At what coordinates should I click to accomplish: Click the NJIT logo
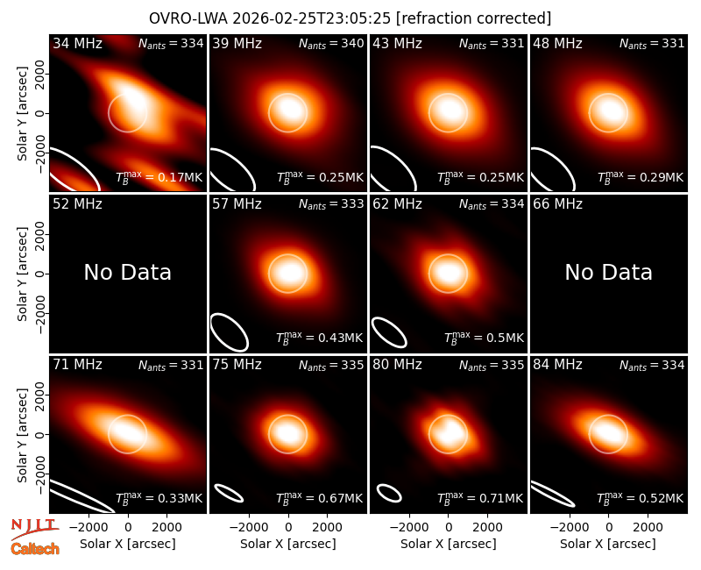(x=34, y=529)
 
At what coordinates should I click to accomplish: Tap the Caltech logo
(x=35, y=549)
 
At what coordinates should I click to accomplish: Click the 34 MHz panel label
(x=77, y=43)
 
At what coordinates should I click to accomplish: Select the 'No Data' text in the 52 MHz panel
(x=127, y=272)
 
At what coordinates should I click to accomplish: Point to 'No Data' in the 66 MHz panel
(x=608, y=272)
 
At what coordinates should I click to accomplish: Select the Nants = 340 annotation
(x=331, y=44)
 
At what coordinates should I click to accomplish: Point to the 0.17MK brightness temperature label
(x=159, y=177)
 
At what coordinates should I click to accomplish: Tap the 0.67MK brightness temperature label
(x=319, y=498)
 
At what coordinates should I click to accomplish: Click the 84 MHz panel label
(x=557, y=365)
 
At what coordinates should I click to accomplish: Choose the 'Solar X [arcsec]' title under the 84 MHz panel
(x=608, y=544)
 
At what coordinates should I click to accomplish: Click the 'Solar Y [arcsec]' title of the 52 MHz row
(x=22, y=274)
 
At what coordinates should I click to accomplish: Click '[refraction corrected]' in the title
(x=474, y=18)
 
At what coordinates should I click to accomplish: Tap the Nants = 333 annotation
(x=331, y=204)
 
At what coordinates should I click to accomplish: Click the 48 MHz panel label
(x=557, y=43)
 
